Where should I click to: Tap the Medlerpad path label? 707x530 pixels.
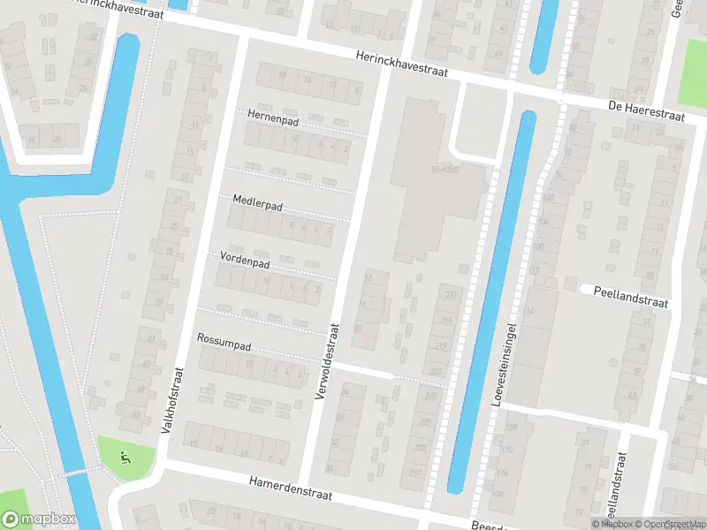click(257, 203)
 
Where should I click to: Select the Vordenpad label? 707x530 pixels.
click(245, 262)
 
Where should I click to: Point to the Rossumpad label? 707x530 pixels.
click(224, 340)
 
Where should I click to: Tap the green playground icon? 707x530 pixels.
click(125, 458)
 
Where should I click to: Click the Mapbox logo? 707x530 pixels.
click(39, 519)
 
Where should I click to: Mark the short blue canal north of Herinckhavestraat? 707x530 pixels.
click(544, 35)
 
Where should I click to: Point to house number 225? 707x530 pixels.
click(430, 397)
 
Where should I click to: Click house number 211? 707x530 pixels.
click(452, 294)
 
